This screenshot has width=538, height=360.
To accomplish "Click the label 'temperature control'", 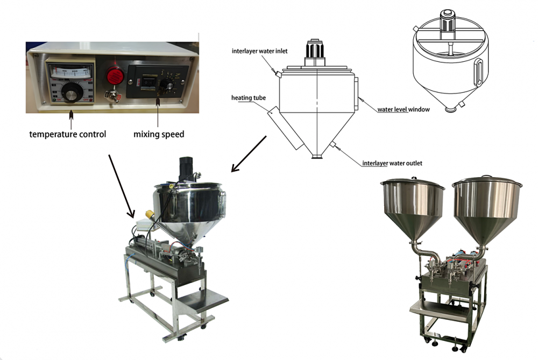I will [x=67, y=134].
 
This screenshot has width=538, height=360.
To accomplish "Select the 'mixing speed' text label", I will [x=159, y=134].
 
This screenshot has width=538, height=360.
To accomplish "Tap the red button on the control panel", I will [x=114, y=75].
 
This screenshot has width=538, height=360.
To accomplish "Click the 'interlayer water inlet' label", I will [x=259, y=51].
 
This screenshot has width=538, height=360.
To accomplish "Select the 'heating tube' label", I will [x=249, y=98].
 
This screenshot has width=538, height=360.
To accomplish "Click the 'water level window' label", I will [x=403, y=109].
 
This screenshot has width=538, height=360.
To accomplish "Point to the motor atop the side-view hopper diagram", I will [x=317, y=54].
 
